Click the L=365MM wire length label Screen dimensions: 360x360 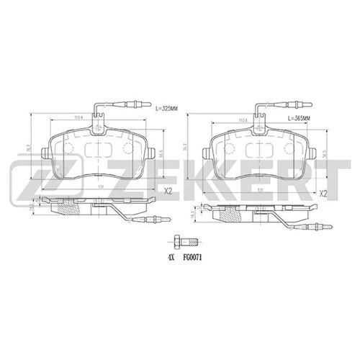pyautogui.click(x=299, y=117)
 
